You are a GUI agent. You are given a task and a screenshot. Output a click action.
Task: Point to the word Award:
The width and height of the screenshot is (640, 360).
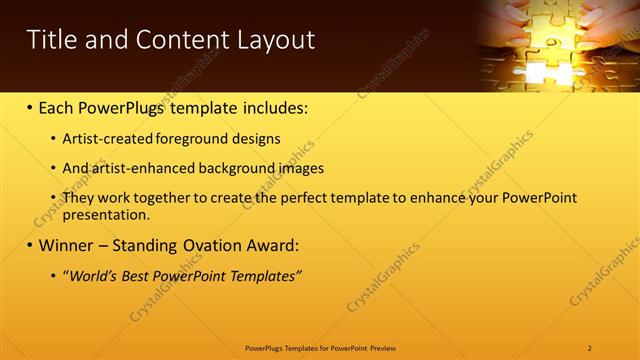click(x=273, y=245)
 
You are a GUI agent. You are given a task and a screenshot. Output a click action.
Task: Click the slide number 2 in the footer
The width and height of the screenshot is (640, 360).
click(x=589, y=347)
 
